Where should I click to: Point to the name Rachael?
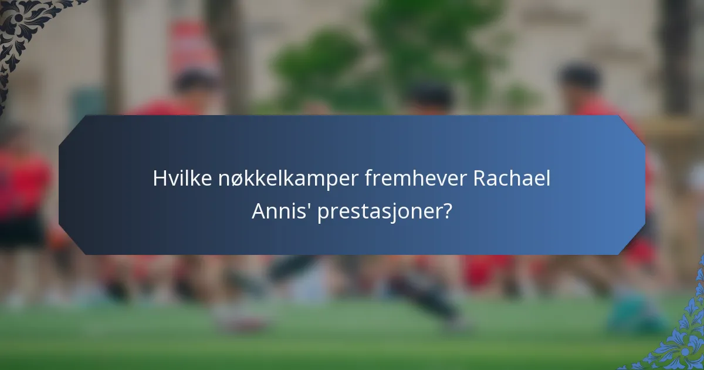coord(512,179)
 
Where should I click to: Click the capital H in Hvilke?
coord(159,179)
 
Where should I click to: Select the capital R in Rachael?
coord(480,179)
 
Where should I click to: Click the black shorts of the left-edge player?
coord(21,232)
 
